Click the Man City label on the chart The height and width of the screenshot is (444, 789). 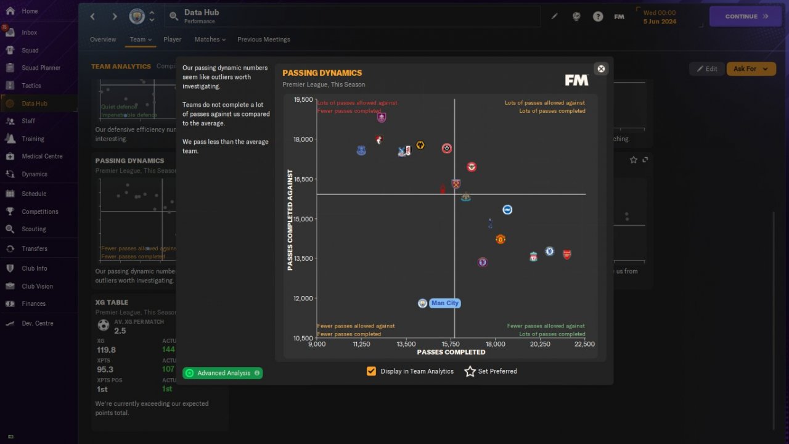[x=444, y=303]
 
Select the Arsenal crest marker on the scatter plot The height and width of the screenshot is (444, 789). [x=567, y=254]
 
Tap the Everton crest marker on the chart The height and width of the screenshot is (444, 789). [x=361, y=150]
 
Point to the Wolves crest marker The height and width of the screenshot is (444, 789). [x=420, y=146]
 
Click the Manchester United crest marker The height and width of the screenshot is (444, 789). [x=501, y=239]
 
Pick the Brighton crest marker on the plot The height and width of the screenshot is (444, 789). [x=507, y=210]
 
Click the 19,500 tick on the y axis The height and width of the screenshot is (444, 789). [x=303, y=99]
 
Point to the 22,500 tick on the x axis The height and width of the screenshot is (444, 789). [x=584, y=344]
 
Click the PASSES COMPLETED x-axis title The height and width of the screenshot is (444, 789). [x=451, y=352]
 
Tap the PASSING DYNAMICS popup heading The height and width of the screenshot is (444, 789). [x=322, y=73]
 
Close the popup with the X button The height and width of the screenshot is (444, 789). [x=601, y=68]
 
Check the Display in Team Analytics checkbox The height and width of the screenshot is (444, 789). [x=371, y=371]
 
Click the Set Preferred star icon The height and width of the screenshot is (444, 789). [x=470, y=371]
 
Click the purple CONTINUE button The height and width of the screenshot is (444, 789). [x=746, y=17]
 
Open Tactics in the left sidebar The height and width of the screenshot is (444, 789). [x=31, y=86]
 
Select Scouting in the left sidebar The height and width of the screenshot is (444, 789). [x=33, y=229]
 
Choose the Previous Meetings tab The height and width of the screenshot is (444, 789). [x=263, y=39]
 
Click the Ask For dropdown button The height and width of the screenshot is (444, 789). [x=751, y=68]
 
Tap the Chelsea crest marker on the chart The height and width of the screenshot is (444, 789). [x=549, y=252]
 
